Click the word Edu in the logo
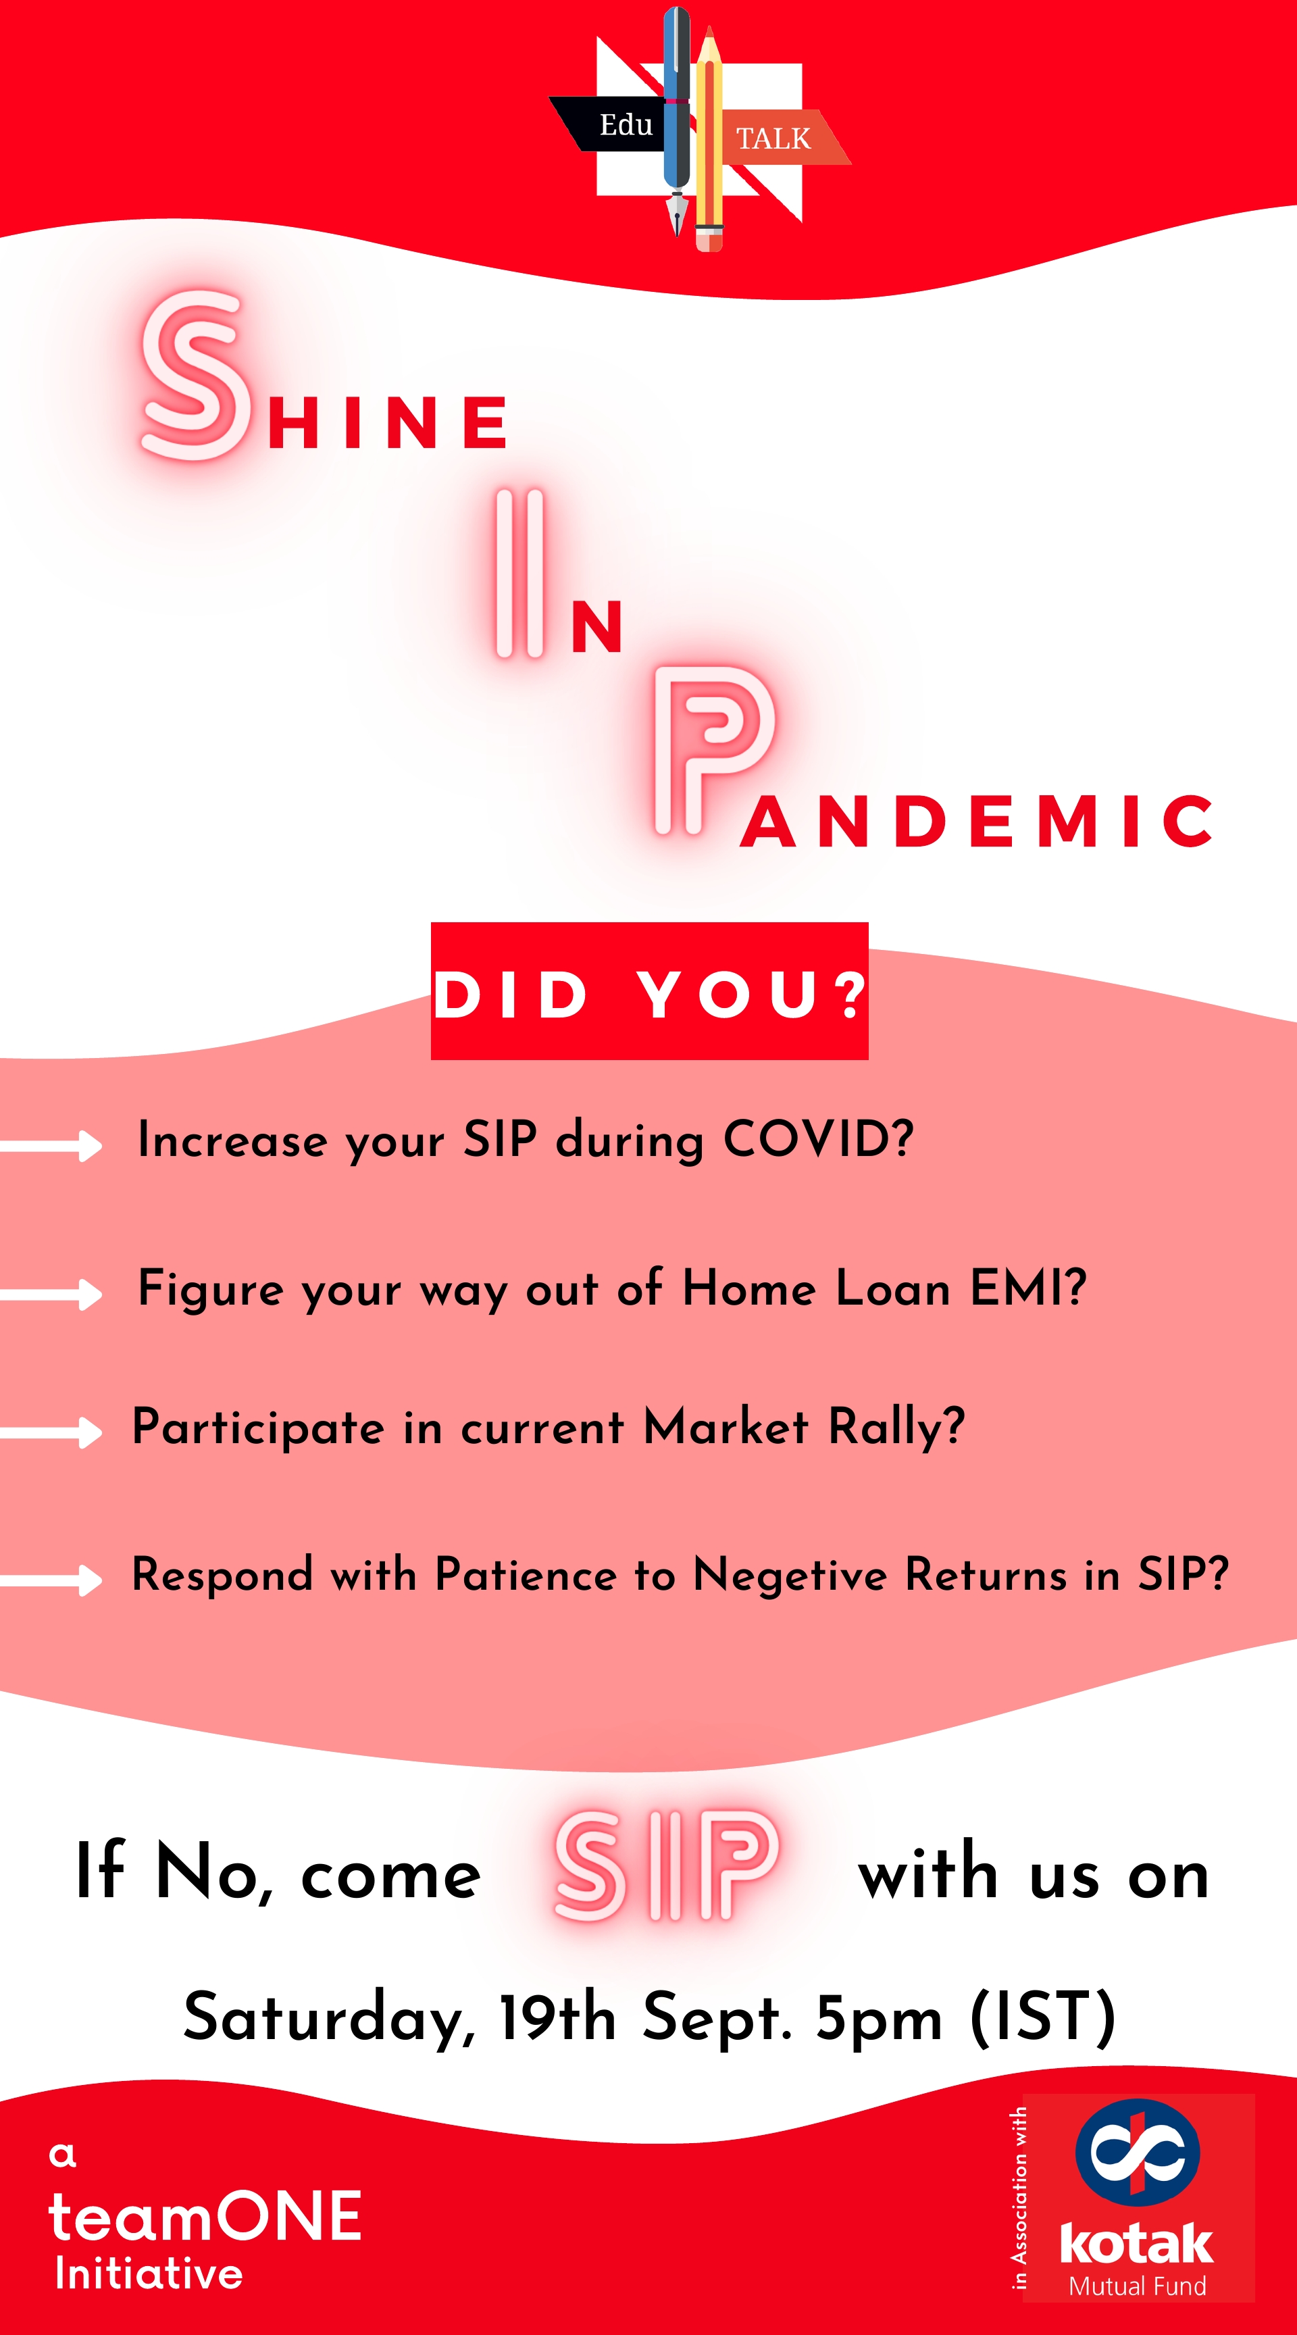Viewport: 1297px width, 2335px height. pos(626,124)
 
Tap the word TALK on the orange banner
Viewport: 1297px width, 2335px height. pos(773,139)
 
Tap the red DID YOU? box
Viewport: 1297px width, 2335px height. pos(649,990)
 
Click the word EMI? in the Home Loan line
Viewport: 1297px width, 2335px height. pos(1028,1287)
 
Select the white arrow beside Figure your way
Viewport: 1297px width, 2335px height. pos(51,1293)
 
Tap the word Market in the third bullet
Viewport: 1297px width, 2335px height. pos(725,1427)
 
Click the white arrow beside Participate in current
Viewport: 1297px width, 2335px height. pos(51,1432)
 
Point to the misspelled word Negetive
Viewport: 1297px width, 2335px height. pos(790,1574)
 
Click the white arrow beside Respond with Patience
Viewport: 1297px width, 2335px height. pos(51,1580)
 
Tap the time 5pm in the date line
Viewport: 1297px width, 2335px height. pos(878,2019)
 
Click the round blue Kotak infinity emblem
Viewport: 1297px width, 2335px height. pos(1138,2153)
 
